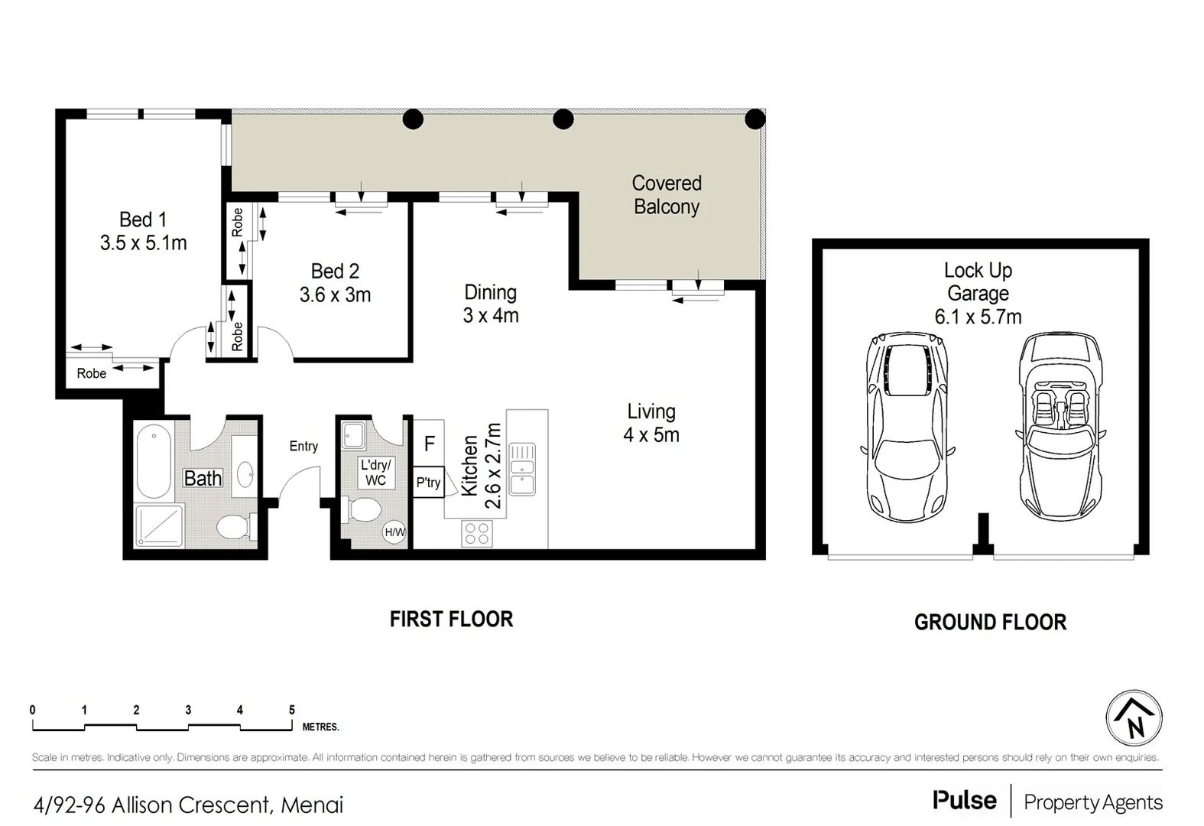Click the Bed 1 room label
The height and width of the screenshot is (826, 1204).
(143, 220)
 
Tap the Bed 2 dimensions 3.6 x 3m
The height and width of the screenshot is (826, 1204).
(335, 295)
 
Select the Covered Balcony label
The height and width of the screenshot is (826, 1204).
(667, 195)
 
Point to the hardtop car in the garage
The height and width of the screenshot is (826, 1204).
(907, 427)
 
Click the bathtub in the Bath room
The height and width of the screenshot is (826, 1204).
(154, 461)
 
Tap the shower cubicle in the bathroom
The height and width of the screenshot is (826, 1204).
(159, 526)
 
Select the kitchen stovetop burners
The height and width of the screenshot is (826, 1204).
(477, 533)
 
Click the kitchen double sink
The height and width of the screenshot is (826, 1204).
(523, 468)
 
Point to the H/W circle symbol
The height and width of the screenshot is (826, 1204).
(394, 532)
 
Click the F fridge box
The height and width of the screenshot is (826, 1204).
(429, 443)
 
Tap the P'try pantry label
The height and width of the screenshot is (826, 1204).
(428, 483)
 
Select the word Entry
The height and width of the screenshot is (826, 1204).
(303, 446)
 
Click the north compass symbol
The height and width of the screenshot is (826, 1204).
(1134, 719)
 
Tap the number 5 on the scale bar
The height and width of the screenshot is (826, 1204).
(291, 710)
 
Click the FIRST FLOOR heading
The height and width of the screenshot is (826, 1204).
(451, 619)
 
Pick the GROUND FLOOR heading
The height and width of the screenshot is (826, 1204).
(990, 622)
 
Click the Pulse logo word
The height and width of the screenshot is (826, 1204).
(964, 800)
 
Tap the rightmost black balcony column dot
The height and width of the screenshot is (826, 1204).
(755, 119)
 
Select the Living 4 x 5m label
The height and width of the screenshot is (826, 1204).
(651, 423)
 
